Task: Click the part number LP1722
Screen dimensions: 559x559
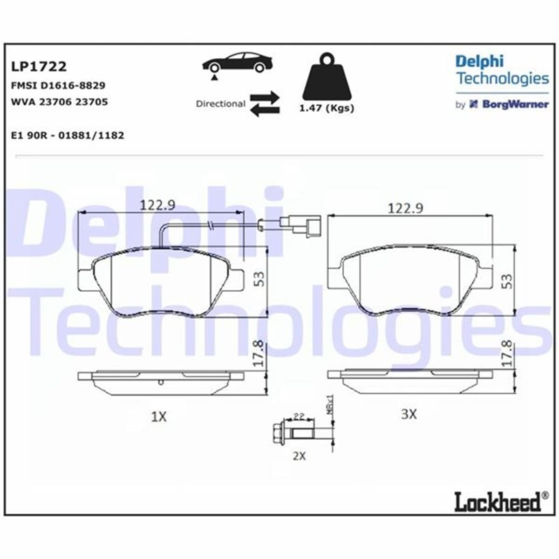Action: [x=39, y=67]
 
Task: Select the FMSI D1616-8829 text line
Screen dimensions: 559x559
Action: [x=58, y=85]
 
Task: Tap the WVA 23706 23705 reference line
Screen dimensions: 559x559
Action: [x=59, y=102]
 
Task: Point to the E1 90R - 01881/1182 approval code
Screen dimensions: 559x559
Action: [x=67, y=136]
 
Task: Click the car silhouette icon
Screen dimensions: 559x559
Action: [x=237, y=62]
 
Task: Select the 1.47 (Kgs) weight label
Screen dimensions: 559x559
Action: [x=326, y=109]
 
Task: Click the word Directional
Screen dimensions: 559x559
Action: [x=220, y=103]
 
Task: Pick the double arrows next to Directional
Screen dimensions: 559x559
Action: [x=265, y=104]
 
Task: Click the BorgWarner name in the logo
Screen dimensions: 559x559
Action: [x=515, y=104]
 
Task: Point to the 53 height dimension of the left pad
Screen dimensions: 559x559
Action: [x=259, y=279]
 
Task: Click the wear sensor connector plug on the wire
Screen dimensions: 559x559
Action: [x=304, y=224]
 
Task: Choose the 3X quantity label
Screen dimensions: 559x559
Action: [x=409, y=414]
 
